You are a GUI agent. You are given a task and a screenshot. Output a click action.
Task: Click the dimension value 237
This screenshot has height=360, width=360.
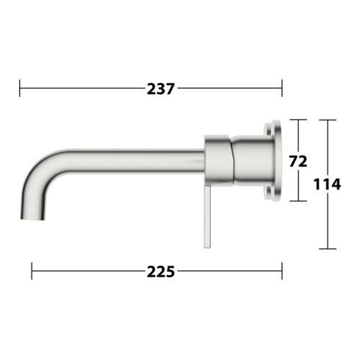pos(161,89)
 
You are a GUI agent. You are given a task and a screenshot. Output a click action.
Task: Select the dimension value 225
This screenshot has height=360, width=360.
pos(161,272)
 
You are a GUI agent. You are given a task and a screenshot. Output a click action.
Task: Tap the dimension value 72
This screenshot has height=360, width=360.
pos(298,162)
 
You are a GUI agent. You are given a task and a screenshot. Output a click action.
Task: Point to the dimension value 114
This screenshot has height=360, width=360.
pos(327,184)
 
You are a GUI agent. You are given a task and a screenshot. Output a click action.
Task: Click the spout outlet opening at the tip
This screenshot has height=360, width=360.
pos(32,218)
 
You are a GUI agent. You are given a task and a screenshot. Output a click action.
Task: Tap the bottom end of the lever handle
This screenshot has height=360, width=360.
pos(207,247)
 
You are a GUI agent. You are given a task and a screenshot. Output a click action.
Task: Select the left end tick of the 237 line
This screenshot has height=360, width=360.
pos(20,88)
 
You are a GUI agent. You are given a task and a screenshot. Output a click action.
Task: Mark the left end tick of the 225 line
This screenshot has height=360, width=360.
pos(32,271)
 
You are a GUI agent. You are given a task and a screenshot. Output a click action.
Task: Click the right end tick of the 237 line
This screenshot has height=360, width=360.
pos(282,88)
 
